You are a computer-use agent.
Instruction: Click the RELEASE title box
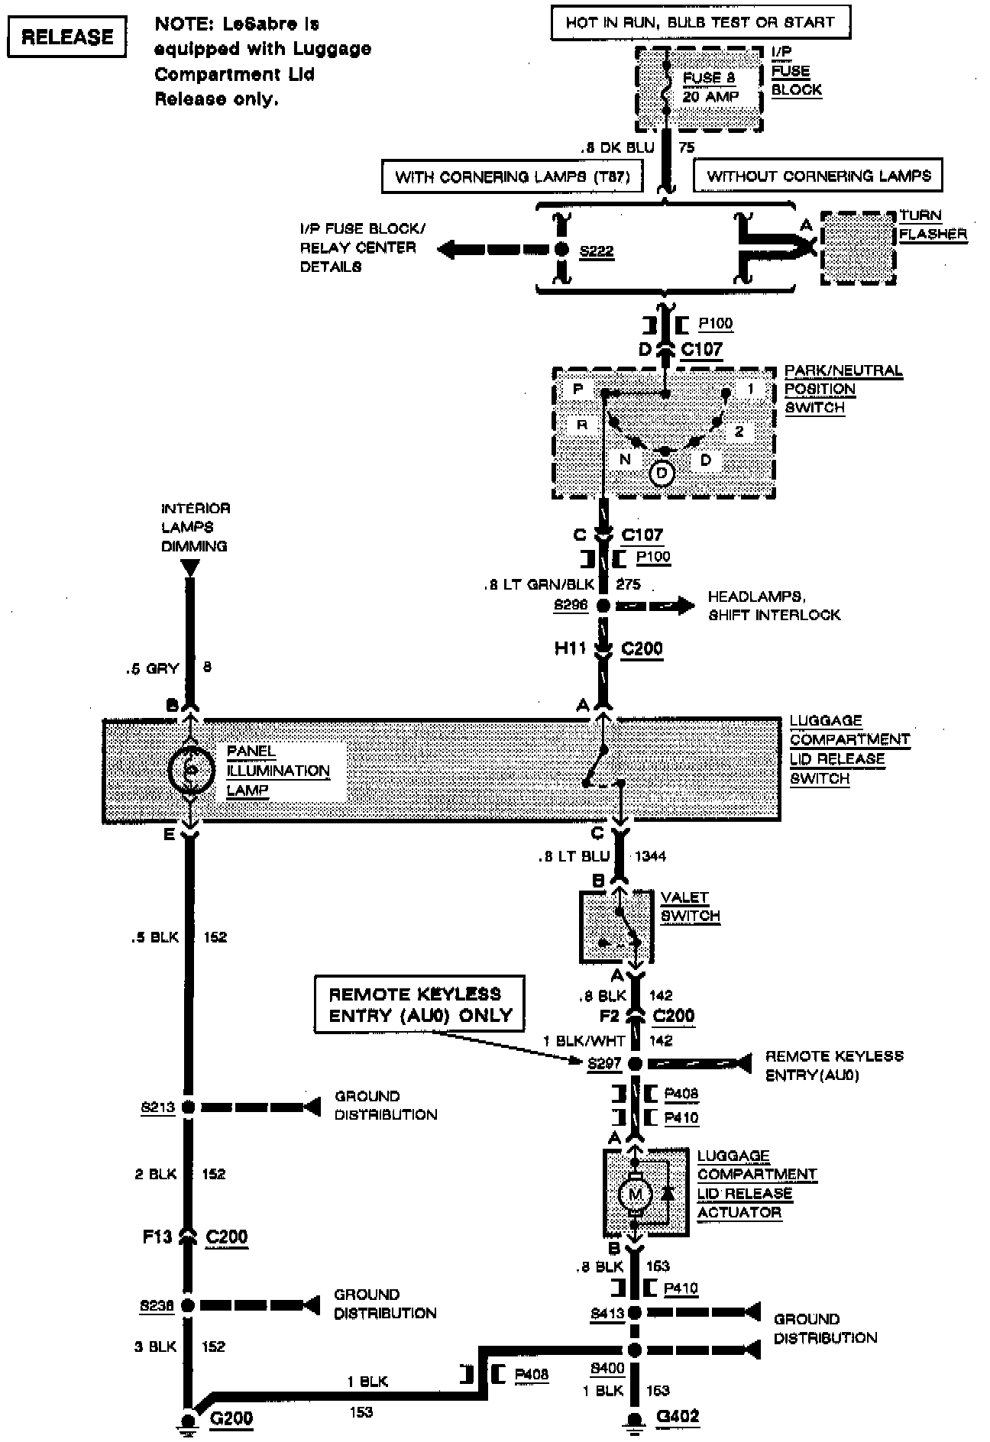(66, 37)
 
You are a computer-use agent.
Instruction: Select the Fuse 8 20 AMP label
(710, 87)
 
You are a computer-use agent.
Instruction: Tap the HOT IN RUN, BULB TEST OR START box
(700, 23)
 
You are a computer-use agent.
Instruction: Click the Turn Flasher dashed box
(858, 248)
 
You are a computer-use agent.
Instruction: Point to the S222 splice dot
(562, 249)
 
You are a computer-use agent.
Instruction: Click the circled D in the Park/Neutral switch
(662, 474)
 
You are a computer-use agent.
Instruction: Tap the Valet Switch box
(616, 926)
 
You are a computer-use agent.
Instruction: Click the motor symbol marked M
(634, 1194)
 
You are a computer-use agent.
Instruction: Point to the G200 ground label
(231, 1418)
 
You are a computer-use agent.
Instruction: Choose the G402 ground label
(677, 1417)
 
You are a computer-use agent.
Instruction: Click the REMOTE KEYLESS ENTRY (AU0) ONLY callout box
(419, 1004)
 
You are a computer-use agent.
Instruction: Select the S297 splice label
(604, 1063)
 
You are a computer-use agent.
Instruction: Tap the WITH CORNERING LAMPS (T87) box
(512, 176)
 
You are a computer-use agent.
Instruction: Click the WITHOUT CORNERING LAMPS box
(818, 176)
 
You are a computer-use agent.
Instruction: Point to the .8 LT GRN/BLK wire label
(539, 585)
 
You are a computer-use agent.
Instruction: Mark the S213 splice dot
(188, 1107)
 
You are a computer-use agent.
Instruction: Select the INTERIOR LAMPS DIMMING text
(195, 527)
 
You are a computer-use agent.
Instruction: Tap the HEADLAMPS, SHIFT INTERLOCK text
(773, 606)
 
